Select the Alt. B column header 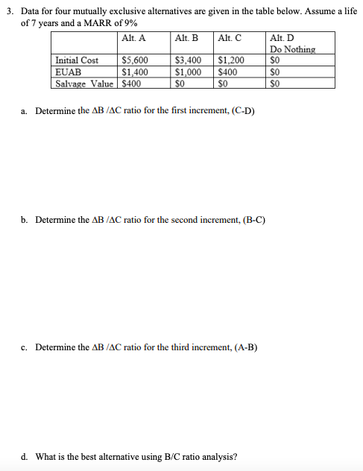(x=186, y=39)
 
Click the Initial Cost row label (x=77, y=60)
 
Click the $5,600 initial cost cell (x=134, y=60)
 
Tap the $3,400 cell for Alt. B (x=188, y=60)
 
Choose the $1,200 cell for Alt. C (x=231, y=60)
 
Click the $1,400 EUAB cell (x=134, y=72)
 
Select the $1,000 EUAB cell (x=188, y=72)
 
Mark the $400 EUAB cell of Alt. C (x=227, y=72)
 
